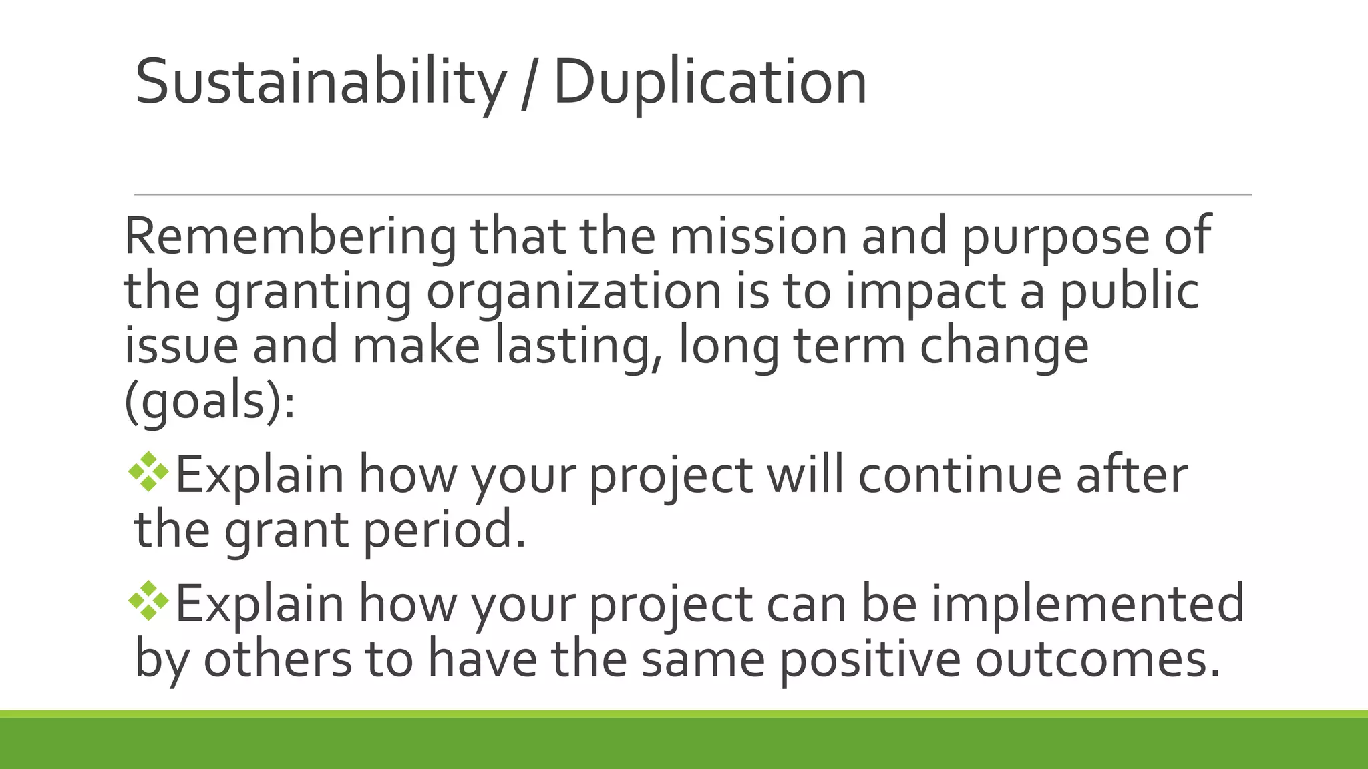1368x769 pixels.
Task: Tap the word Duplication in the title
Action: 710,83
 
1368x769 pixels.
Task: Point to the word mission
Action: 758,236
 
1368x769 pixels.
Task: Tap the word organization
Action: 574,292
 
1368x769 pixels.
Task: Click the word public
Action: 1130,291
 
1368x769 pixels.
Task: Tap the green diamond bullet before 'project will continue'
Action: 149,472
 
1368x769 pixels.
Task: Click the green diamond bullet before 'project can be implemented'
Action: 149,601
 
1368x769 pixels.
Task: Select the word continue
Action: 960,475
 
